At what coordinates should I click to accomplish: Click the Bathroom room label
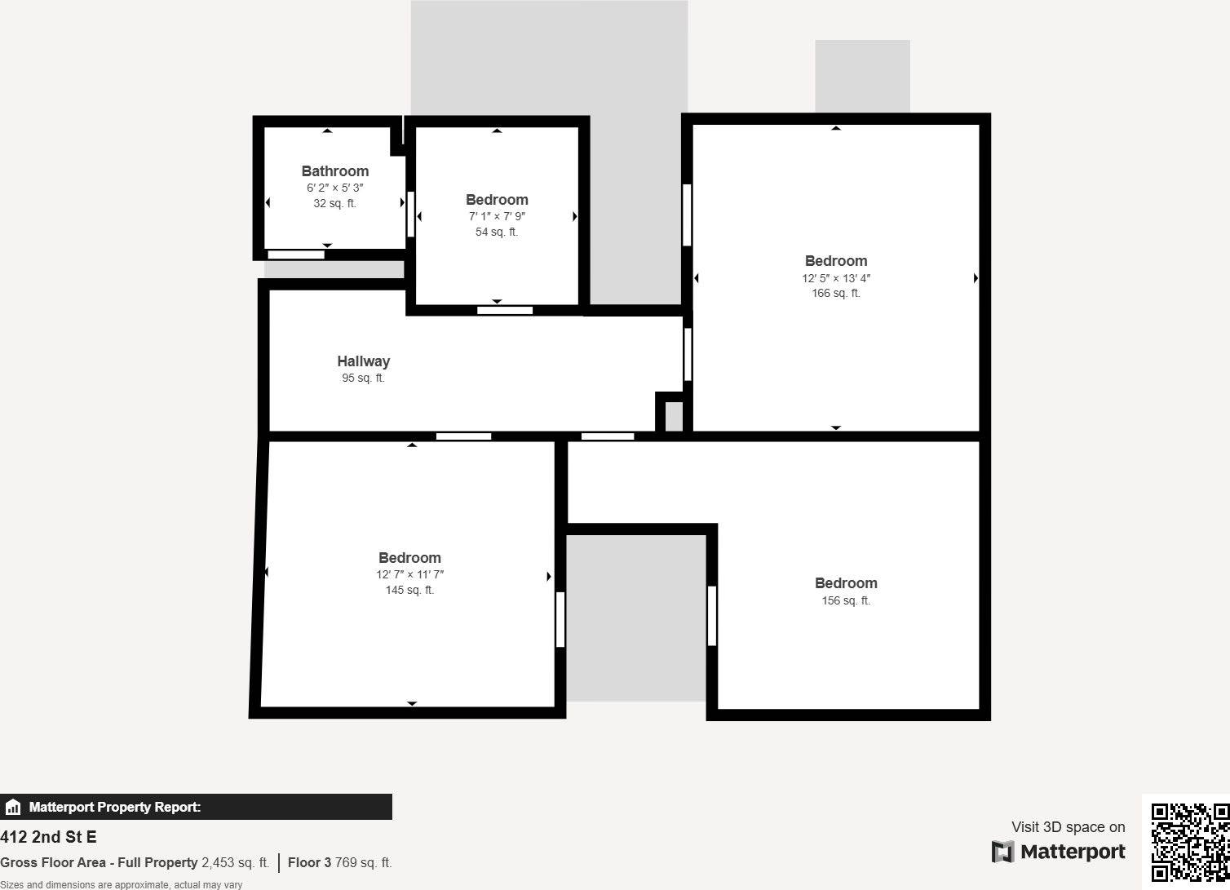pyautogui.click(x=334, y=171)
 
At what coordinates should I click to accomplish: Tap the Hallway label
pyautogui.click(x=363, y=361)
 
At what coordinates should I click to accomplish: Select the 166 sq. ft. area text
pyautogui.click(x=835, y=294)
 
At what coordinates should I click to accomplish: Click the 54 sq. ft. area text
pyautogui.click(x=496, y=232)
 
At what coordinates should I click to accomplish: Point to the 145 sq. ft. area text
pyautogui.click(x=409, y=591)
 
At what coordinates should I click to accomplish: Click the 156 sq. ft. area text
pyautogui.click(x=845, y=601)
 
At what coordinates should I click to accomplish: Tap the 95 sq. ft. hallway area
pyautogui.click(x=363, y=379)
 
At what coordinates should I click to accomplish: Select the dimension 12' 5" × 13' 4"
pyautogui.click(x=835, y=278)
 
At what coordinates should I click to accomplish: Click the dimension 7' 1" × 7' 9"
pyautogui.click(x=496, y=217)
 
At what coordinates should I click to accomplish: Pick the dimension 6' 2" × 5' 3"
pyautogui.click(x=334, y=188)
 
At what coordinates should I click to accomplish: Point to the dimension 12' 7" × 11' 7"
pyautogui.click(x=409, y=575)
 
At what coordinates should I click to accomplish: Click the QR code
pyautogui.click(x=1189, y=842)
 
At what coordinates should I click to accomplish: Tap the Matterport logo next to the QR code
pyautogui.click(x=1058, y=852)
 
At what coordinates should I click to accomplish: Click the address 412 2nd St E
pyautogui.click(x=48, y=837)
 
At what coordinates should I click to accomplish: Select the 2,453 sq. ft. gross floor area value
pyautogui.click(x=235, y=863)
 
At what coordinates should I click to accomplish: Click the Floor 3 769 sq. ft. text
pyautogui.click(x=339, y=863)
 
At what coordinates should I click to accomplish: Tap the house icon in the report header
pyautogui.click(x=13, y=808)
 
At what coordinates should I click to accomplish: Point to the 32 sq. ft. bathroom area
pyautogui.click(x=334, y=204)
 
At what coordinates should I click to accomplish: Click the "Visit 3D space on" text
pyautogui.click(x=1068, y=827)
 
